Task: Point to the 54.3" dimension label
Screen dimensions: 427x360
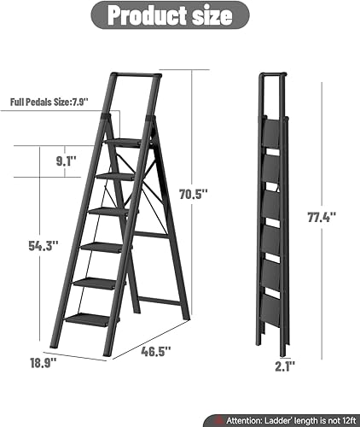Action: [x=44, y=246]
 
